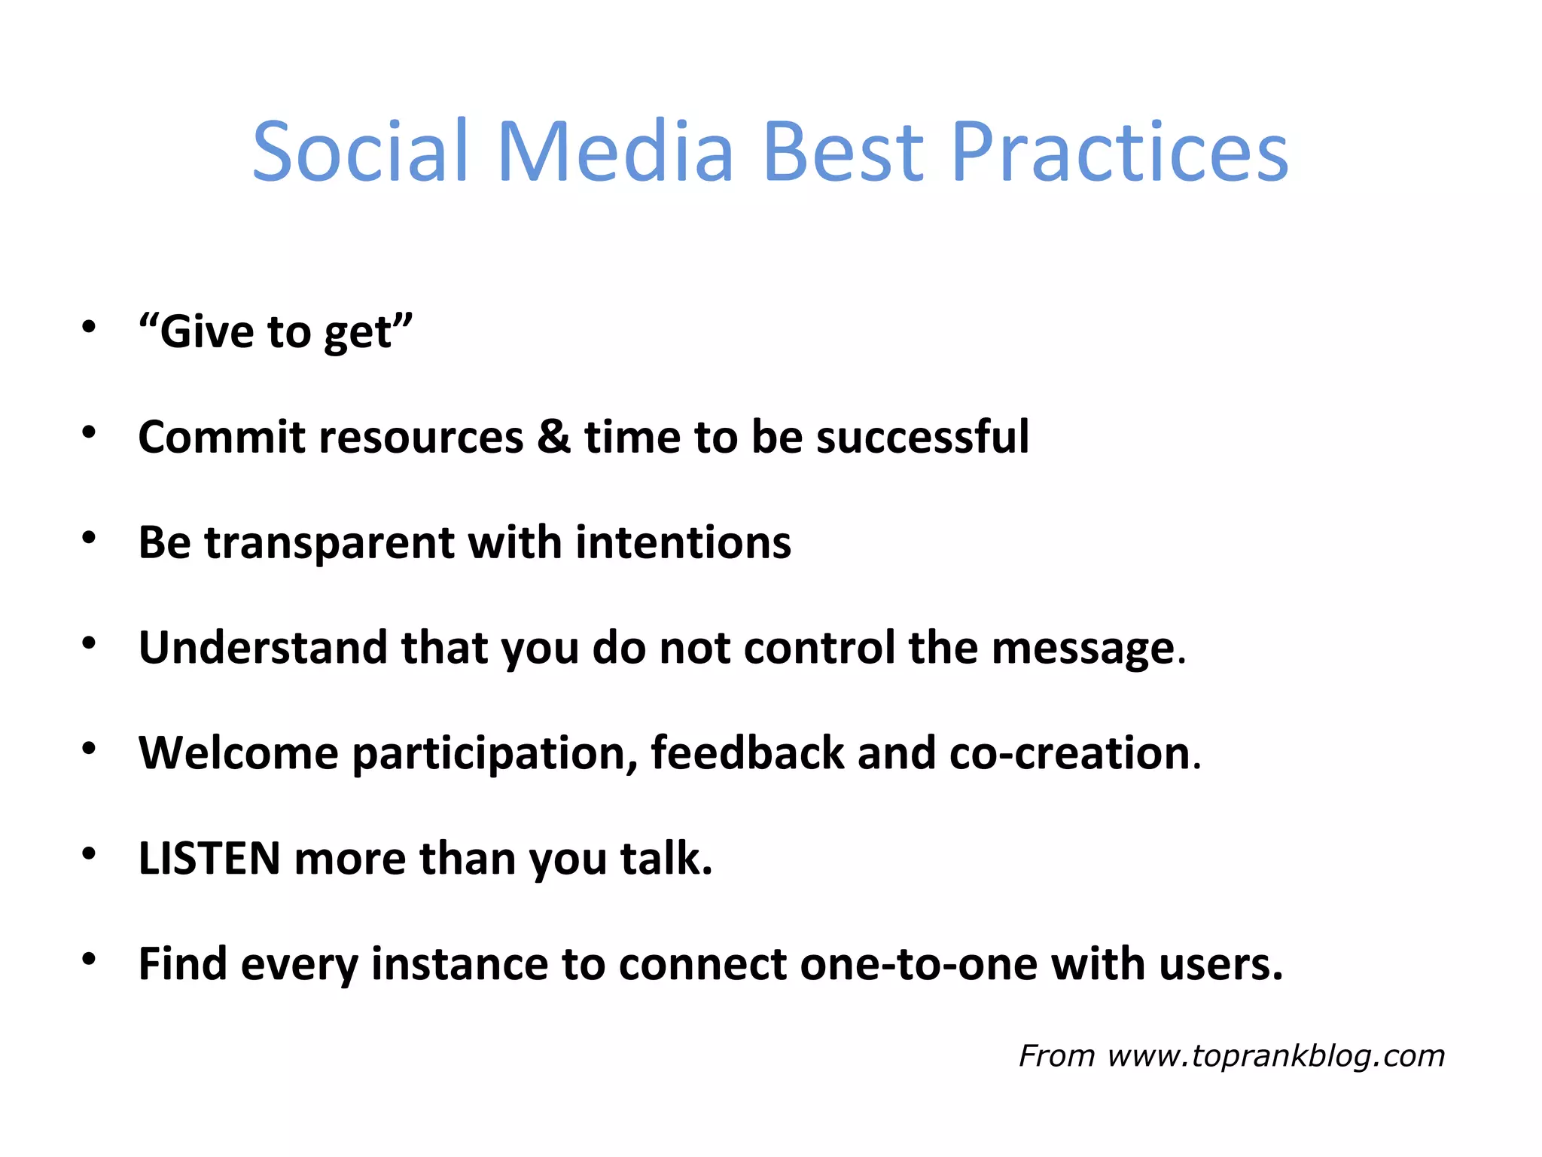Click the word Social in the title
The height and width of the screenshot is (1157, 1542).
pos(360,152)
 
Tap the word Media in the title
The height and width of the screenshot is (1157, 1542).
pos(615,152)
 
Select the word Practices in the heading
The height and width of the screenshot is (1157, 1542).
pos(1120,152)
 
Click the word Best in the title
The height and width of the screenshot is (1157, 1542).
pos(843,152)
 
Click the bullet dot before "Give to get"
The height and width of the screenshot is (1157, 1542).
pos(89,327)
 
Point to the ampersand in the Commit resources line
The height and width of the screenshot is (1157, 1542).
pos(553,436)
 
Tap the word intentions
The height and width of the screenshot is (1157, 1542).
pos(683,542)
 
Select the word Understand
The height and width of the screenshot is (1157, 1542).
pos(262,647)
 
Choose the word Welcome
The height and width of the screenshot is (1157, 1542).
pos(239,753)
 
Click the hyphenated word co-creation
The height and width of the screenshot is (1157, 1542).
pos(1069,753)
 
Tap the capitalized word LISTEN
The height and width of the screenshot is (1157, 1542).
pos(209,858)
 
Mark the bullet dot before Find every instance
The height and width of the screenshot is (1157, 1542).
pos(89,959)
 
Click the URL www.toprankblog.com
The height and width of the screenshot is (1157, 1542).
pos(1275,1056)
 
